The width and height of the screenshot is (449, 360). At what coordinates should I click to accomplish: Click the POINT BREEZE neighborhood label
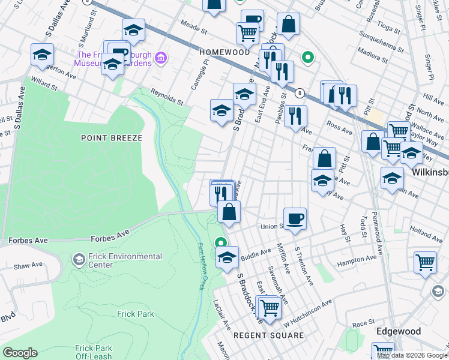112,138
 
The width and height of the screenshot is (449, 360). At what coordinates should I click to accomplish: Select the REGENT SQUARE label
268,335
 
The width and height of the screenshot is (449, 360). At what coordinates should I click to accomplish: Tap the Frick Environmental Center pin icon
78,259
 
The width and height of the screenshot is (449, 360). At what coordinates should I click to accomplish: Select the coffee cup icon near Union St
295,218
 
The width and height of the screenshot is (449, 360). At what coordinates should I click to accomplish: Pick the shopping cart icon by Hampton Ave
425,262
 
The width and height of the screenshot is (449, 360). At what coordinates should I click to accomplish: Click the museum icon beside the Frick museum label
160,58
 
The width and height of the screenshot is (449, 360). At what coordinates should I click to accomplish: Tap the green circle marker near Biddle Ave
221,244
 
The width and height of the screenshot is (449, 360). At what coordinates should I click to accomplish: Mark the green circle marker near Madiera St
307,58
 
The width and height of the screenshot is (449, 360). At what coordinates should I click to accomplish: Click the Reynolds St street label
166,97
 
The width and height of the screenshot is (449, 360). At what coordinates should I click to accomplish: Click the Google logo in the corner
20,352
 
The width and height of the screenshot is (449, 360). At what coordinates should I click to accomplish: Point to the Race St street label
364,323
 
